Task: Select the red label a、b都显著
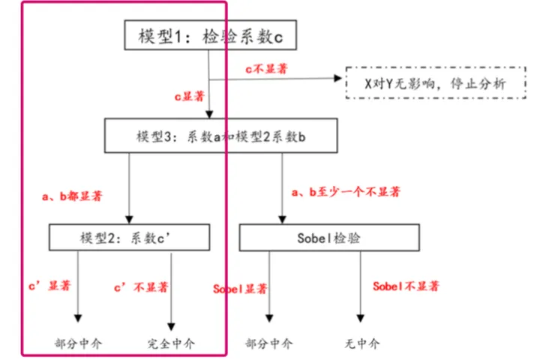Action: click(72, 196)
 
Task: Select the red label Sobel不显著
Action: click(406, 287)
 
